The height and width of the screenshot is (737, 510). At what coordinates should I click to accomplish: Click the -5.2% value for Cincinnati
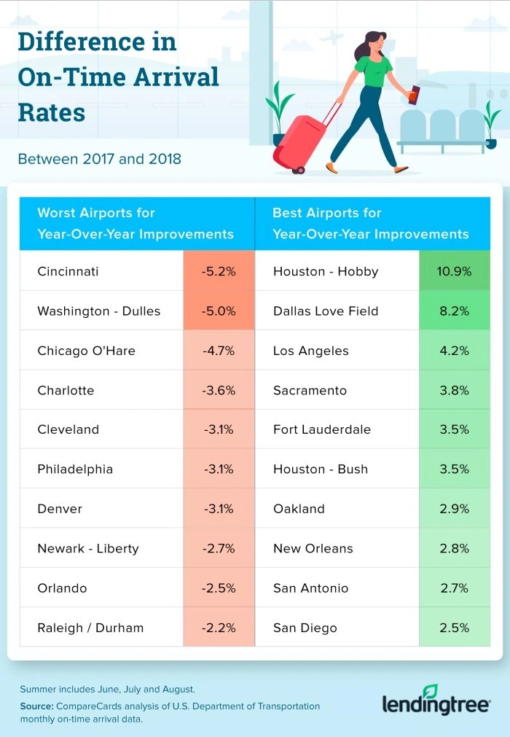[x=219, y=271]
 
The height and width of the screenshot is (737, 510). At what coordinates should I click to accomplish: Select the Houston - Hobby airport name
[x=326, y=271]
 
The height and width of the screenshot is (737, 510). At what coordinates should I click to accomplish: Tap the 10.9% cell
[x=455, y=271]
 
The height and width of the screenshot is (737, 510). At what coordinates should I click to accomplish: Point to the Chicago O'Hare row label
[x=86, y=351]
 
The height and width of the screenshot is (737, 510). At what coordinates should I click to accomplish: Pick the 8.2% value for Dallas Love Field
[x=455, y=311]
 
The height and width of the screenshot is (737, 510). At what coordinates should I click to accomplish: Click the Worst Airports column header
[x=136, y=224]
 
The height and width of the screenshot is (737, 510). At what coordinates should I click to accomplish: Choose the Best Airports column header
[x=370, y=224]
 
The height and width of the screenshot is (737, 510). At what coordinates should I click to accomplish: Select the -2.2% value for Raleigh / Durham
[x=219, y=628]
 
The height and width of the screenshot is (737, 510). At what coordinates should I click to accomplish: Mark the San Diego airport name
[x=305, y=628]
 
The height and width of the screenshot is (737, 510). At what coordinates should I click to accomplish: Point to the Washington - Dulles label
[x=98, y=311]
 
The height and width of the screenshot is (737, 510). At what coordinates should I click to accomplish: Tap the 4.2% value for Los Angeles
[x=455, y=351]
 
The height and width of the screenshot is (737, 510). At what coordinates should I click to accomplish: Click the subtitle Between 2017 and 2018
[x=99, y=159]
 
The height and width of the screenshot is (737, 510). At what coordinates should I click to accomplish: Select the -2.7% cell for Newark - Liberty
[x=219, y=548]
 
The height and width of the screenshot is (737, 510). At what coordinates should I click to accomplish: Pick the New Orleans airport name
[x=313, y=548]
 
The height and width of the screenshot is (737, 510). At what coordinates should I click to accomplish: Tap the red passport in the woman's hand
[x=415, y=95]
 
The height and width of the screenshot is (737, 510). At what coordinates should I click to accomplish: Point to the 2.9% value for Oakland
[x=455, y=509]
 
